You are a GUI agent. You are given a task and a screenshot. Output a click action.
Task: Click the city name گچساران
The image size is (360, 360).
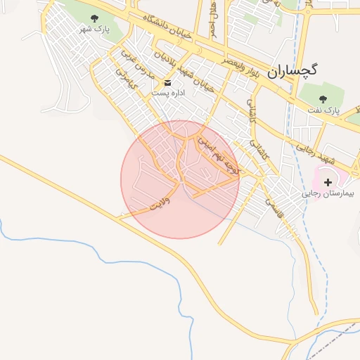point(292,70)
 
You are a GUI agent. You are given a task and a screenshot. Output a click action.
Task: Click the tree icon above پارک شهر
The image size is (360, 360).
point(95,18)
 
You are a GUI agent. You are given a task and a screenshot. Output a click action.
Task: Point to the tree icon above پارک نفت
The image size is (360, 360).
point(323,99)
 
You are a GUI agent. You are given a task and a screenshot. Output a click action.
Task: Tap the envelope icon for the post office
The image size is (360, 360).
point(167,82)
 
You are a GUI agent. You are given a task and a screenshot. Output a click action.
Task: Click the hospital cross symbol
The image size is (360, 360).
point(328,182)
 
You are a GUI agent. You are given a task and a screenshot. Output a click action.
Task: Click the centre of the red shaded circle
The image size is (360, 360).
point(180,179)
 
